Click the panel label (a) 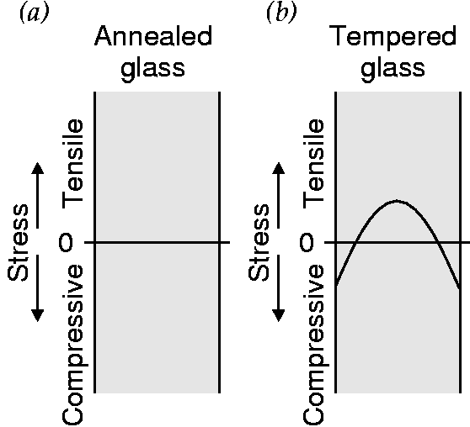(35, 13)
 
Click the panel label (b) (282, 13)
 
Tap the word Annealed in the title (153, 35)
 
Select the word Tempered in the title (395, 37)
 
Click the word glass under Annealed (152, 68)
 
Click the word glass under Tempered (393, 68)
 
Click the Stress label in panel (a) (18, 243)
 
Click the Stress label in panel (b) (259, 243)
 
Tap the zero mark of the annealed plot (66, 242)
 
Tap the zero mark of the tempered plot (307, 242)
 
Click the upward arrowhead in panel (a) (37, 168)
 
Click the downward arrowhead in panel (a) (37, 316)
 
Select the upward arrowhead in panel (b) (279, 168)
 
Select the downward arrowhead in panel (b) (279, 316)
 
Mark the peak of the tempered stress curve (397, 201)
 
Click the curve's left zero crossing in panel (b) (355, 242)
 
